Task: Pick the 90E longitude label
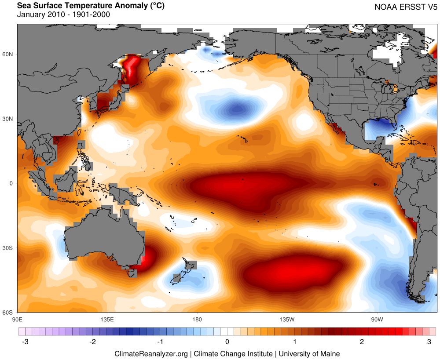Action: (17, 318)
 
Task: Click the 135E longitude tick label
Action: (107, 318)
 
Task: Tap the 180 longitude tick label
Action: (197, 318)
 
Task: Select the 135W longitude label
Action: (286, 318)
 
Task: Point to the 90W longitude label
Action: (376, 318)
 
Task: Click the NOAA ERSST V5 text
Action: (405, 7)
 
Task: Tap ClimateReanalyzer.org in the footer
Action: (151, 353)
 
